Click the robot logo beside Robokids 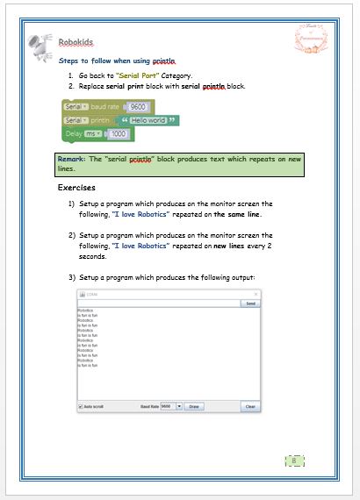[x=38, y=44]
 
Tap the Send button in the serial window [x=250, y=304]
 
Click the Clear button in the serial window [x=249, y=406]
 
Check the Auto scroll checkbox [x=80, y=406]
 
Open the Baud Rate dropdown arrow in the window [x=179, y=406]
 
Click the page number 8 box [x=295, y=461]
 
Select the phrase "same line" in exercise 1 [x=241, y=214]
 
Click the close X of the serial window [x=256, y=294]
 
